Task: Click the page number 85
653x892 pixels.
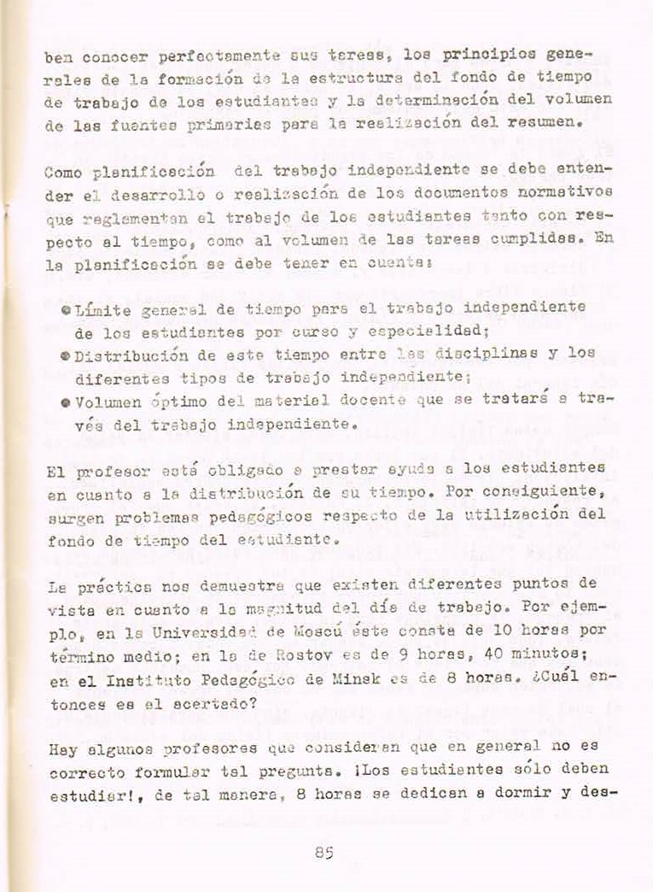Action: (x=323, y=851)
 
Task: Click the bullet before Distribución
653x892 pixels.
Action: (x=66, y=353)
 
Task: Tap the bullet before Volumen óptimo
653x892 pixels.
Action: (x=66, y=399)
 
